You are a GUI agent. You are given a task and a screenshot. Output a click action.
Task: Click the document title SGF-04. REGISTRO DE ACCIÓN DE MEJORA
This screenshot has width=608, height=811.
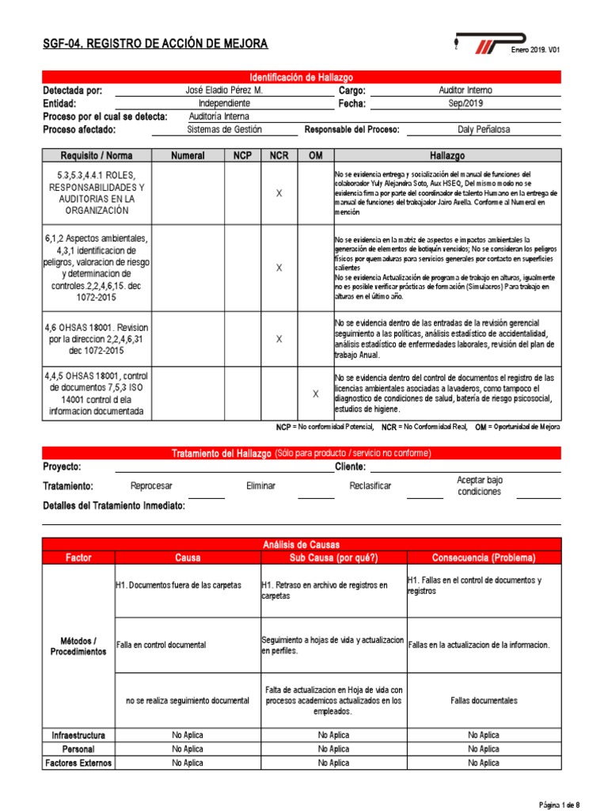point(155,44)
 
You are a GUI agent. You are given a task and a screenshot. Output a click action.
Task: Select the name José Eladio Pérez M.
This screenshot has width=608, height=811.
point(223,91)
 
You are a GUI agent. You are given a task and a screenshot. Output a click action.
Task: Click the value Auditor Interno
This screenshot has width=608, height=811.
point(465,91)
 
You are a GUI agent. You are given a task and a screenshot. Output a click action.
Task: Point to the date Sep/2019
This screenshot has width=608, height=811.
point(465,104)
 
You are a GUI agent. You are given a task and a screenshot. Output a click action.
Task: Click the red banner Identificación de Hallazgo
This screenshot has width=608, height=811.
point(302,77)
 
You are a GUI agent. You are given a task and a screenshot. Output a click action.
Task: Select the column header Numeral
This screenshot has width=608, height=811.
point(188,156)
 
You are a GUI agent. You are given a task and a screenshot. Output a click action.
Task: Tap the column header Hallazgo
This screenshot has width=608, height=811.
point(447,156)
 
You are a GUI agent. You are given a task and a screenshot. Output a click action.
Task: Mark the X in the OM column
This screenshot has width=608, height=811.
point(316,394)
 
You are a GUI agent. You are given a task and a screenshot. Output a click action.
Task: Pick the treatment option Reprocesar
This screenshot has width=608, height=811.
point(151,485)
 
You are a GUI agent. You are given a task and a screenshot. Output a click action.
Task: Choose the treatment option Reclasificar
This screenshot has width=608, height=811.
point(370,485)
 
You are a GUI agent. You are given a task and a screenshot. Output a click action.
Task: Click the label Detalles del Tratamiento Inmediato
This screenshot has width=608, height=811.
point(114,505)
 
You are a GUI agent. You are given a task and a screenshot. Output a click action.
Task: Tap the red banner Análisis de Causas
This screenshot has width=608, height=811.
point(302,545)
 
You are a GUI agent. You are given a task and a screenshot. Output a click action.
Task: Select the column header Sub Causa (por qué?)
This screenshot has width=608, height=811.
point(333,558)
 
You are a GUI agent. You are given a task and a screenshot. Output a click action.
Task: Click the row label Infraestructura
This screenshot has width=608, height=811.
point(78,735)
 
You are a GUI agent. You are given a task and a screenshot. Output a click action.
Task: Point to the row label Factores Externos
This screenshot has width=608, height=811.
point(78,763)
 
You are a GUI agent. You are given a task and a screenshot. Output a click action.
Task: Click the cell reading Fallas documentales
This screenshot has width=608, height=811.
point(484,700)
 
